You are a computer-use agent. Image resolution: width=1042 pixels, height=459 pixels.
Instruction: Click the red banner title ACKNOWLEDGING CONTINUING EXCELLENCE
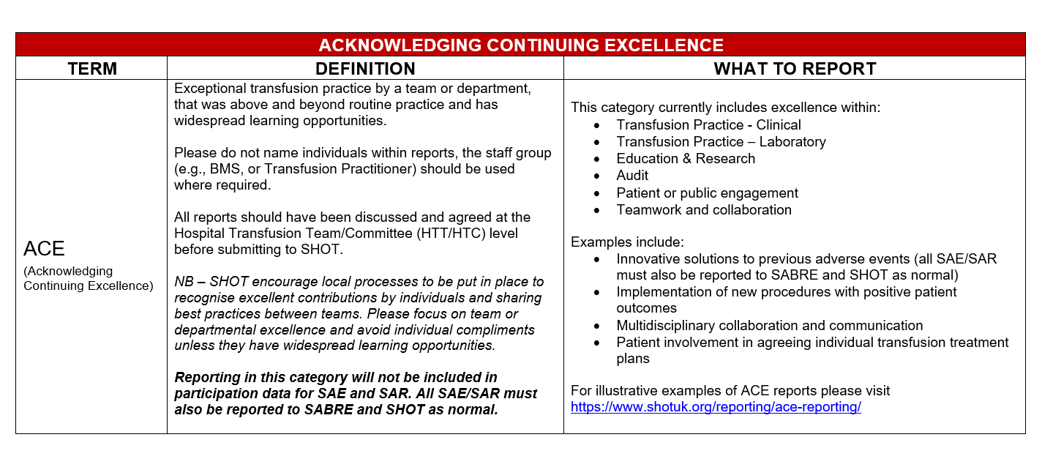coord(520,45)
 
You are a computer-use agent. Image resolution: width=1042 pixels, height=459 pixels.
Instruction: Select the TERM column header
coord(92,69)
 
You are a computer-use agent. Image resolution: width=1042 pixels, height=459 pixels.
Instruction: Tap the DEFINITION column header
coord(365,69)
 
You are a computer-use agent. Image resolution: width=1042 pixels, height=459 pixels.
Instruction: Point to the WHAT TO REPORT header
coord(795,69)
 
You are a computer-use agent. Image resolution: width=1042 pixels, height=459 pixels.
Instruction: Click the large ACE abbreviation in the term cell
coord(45,249)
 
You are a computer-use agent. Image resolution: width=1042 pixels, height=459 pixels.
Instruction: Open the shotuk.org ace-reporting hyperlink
coord(716,407)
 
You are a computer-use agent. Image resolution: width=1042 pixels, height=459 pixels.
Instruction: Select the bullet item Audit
coord(632,176)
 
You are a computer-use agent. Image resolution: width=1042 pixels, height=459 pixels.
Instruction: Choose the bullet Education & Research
coord(686,159)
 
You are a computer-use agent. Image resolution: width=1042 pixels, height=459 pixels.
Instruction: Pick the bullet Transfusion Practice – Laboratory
coord(721,142)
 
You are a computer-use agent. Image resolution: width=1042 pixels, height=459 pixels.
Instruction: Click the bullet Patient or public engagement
coord(707,193)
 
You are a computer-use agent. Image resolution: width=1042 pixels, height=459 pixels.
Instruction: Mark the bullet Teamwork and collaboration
coord(703,210)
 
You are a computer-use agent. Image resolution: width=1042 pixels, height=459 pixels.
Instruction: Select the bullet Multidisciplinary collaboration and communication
coord(769,326)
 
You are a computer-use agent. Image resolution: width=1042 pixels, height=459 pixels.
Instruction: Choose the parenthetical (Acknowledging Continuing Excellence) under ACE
coord(88,279)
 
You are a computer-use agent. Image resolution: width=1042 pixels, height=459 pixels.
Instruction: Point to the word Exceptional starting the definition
coord(206,89)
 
